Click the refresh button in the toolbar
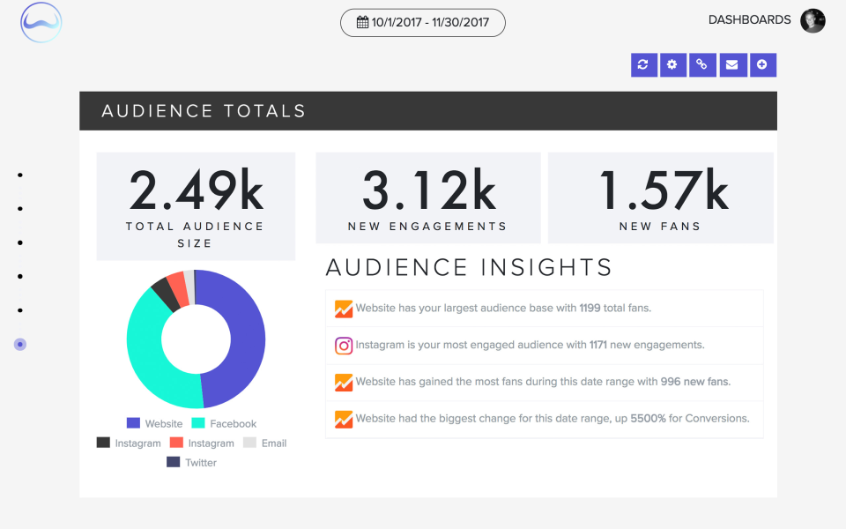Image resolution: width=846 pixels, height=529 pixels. pyautogui.click(x=643, y=64)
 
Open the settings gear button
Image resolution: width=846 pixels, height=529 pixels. pyautogui.click(x=672, y=64)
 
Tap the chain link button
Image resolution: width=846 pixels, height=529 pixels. pyautogui.click(x=702, y=64)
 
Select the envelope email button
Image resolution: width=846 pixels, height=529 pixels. pyautogui.click(x=731, y=64)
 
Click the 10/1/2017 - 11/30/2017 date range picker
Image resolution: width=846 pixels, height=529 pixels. pyautogui.click(x=423, y=23)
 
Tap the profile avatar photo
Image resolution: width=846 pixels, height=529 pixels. pyautogui.click(x=813, y=20)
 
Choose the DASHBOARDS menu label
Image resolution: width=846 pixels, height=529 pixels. pyautogui.click(x=749, y=19)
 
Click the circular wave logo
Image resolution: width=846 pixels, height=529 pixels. pyautogui.click(x=41, y=23)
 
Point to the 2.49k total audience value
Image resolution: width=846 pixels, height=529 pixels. pyautogui.click(x=196, y=190)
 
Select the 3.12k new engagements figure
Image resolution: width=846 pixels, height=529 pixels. pyautogui.click(x=428, y=190)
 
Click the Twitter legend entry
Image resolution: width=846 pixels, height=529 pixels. pyautogui.click(x=192, y=462)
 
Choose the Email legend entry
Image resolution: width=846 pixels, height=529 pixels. pyautogui.click(x=265, y=443)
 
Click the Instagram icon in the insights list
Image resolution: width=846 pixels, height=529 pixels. pyautogui.click(x=344, y=346)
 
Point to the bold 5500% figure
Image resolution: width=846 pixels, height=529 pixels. pyautogui.click(x=648, y=419)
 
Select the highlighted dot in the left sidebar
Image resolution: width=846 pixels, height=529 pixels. pyautogui.click(x=20, y=344)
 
